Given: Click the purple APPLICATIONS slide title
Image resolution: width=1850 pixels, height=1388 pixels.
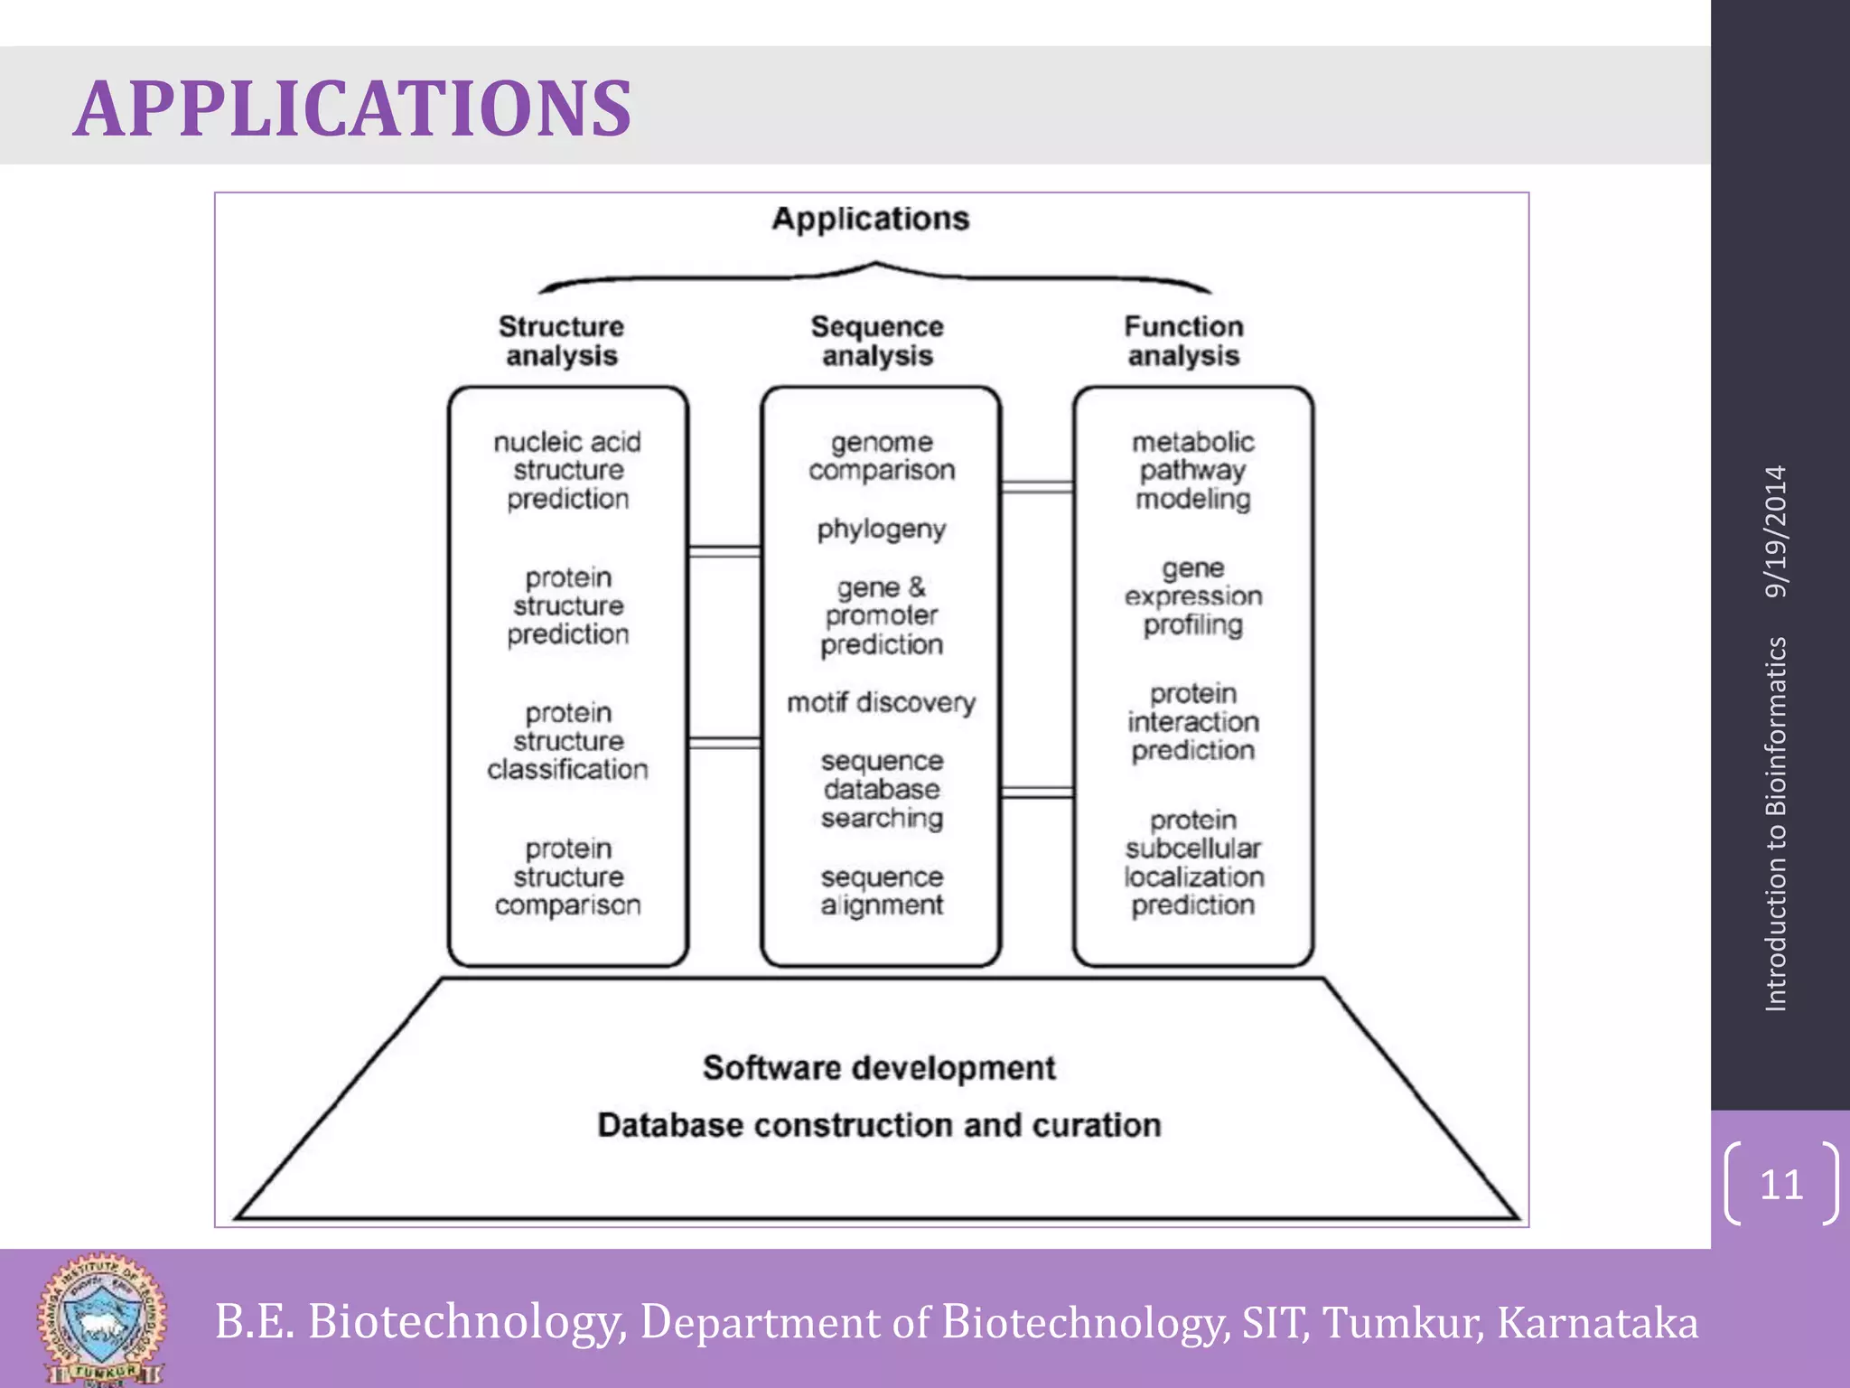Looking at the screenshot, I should [x=352, y=108].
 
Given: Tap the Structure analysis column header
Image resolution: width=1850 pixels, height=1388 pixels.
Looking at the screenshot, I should [x=561, y=341].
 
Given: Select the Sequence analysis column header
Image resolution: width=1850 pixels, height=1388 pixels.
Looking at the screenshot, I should [x=877, y=341].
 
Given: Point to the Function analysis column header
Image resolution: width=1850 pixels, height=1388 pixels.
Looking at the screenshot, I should [x=1183, y=341].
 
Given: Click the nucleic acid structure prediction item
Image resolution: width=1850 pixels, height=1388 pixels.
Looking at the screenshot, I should [x=567, y=470].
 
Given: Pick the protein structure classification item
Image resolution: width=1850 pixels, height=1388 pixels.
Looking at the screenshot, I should [x=567, y=741].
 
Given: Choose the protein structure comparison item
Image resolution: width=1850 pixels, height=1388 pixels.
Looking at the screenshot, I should [x=567, y=877].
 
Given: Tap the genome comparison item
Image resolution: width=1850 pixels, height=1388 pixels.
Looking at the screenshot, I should [x=882, y=456].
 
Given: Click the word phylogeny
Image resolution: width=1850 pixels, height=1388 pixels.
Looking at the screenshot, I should [x=882, y=529].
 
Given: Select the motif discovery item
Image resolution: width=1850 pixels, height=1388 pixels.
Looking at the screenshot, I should [x=882, y=702].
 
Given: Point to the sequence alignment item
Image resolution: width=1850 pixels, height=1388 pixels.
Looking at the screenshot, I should [x=882, y=891].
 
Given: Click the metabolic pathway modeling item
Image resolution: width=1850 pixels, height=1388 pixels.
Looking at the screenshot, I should [x=1193, y=470].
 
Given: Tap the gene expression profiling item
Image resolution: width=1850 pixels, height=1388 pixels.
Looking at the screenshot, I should [x=1193, y=596].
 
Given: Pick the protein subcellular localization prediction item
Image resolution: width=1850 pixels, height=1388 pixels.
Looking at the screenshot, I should [x=1193, y=863].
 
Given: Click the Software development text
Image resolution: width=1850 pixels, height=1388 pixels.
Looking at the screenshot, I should [x=879, y=1068].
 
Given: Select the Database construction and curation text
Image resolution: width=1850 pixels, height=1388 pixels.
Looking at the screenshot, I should [x=879, y=1125].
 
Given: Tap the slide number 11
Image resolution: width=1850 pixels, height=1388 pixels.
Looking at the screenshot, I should [x=1781, y=1184].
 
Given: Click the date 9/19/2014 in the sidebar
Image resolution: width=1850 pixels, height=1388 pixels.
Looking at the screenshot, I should [x=1776, y=531].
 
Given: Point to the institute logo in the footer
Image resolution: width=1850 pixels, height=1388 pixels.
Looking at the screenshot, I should [x=101, y=1319].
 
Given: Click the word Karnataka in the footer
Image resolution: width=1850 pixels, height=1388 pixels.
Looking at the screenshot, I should [x=1597, y=1322].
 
